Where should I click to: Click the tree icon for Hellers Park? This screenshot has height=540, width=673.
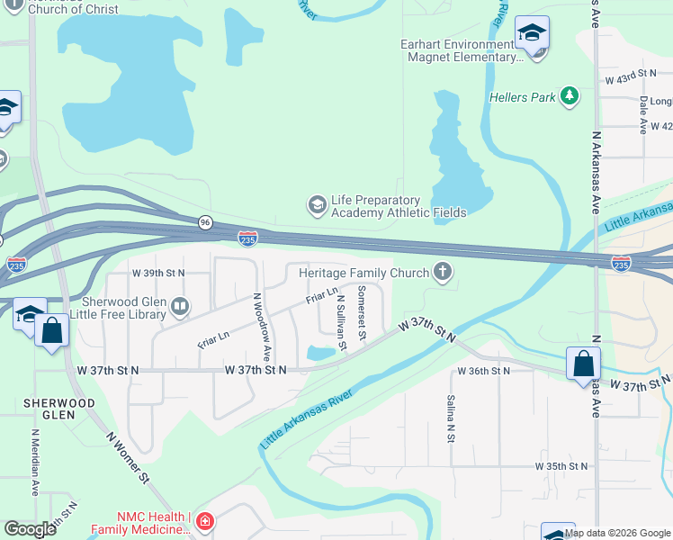[569, 96]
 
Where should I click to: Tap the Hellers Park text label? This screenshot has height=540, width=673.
[523, 97]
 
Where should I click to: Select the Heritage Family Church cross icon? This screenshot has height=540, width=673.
[442, 271]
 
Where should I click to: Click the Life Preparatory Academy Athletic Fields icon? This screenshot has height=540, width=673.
[317, 205]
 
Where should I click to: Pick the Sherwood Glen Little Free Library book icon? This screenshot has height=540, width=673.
[180, 308]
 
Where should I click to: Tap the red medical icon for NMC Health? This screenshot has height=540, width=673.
[205, 522]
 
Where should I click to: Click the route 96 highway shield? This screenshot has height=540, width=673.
[206, 222]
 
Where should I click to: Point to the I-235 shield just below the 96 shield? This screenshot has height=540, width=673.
[248, 238]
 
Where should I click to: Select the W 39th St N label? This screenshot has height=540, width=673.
[158, 272]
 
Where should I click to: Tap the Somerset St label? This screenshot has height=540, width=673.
[362, 312]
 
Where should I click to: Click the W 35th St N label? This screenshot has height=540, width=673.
[561, 466]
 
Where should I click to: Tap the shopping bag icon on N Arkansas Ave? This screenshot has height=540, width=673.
[583, 364]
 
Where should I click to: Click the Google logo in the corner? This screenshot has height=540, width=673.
[31, 529]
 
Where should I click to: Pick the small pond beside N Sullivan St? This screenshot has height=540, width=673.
[319, 353]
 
